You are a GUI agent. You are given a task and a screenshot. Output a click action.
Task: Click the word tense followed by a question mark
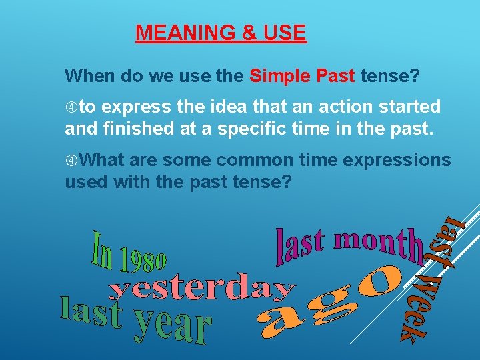pos(391,76)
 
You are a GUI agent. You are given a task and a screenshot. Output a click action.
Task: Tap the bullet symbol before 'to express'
pos(71,107)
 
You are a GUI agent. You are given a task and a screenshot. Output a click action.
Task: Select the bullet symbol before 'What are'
pos(71,161)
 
